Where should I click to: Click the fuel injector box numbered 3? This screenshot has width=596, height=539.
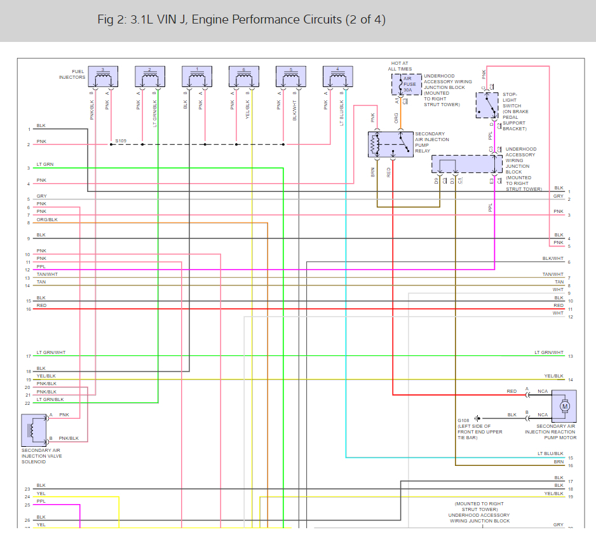[x=103, y=76]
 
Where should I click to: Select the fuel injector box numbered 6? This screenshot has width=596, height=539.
[x=243, y=76]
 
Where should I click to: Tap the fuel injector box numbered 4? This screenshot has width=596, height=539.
[x=337, y=76]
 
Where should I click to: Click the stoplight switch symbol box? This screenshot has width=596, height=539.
[x=487, y=105]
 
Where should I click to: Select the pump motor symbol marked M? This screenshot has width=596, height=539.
[x=564, y=406]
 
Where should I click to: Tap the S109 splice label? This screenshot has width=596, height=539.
[x=121, y=140]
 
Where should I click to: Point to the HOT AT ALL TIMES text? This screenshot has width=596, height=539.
[x=401, y=66]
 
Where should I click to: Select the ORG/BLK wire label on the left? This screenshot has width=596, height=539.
[x=47, y=219]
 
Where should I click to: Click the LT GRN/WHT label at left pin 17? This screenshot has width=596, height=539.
[x=51, y=353]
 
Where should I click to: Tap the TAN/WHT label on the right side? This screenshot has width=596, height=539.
[x=553, y=275]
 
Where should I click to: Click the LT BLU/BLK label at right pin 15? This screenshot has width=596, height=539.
[x=550, y=454]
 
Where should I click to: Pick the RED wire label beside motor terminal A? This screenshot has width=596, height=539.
[x=511, y=392]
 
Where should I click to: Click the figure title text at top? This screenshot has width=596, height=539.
[x=241, y=20]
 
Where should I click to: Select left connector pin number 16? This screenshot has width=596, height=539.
[x=28, y=310]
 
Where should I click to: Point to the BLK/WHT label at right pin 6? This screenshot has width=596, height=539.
[x=553, y=259]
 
